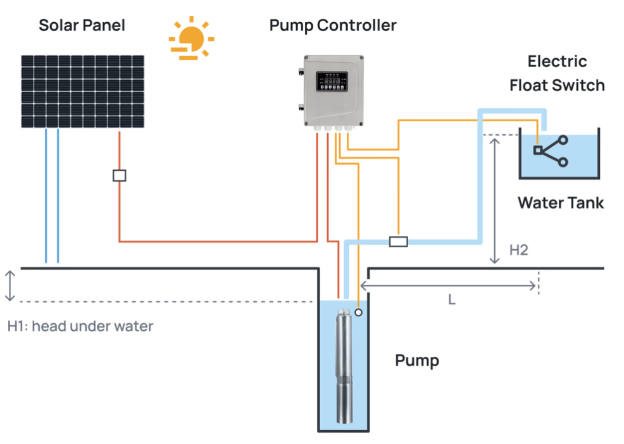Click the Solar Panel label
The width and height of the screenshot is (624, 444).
pyautogui.click(x=82, y=25)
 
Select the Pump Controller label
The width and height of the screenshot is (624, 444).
pyautogui.click(x=333, y=25)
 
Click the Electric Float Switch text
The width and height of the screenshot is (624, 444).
pyautogui.click(x=557, y=73)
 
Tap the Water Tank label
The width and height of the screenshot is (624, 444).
pyautogui.click(x=561, y=203)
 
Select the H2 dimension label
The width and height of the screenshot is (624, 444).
pyautogui.click(x=518, y=250)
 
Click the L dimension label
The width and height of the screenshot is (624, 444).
pyautogui.click(x=452, y=300)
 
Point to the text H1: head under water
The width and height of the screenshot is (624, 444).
pyautogui.click(x=80, y=326)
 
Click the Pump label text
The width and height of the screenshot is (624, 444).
pyautogui.click(x=416, y=361)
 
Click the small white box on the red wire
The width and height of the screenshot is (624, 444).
pyautogui.click(x=119, y=176)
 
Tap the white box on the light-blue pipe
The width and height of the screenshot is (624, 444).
pyautogui.click(x=398, y=242)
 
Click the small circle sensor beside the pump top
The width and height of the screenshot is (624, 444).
pyautogui.click(x=358, y=312)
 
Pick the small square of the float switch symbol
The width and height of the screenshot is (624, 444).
pyautogui.click(x=537, y=151)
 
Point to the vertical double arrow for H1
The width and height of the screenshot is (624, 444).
pyautogui.click(x=9, y=286)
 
